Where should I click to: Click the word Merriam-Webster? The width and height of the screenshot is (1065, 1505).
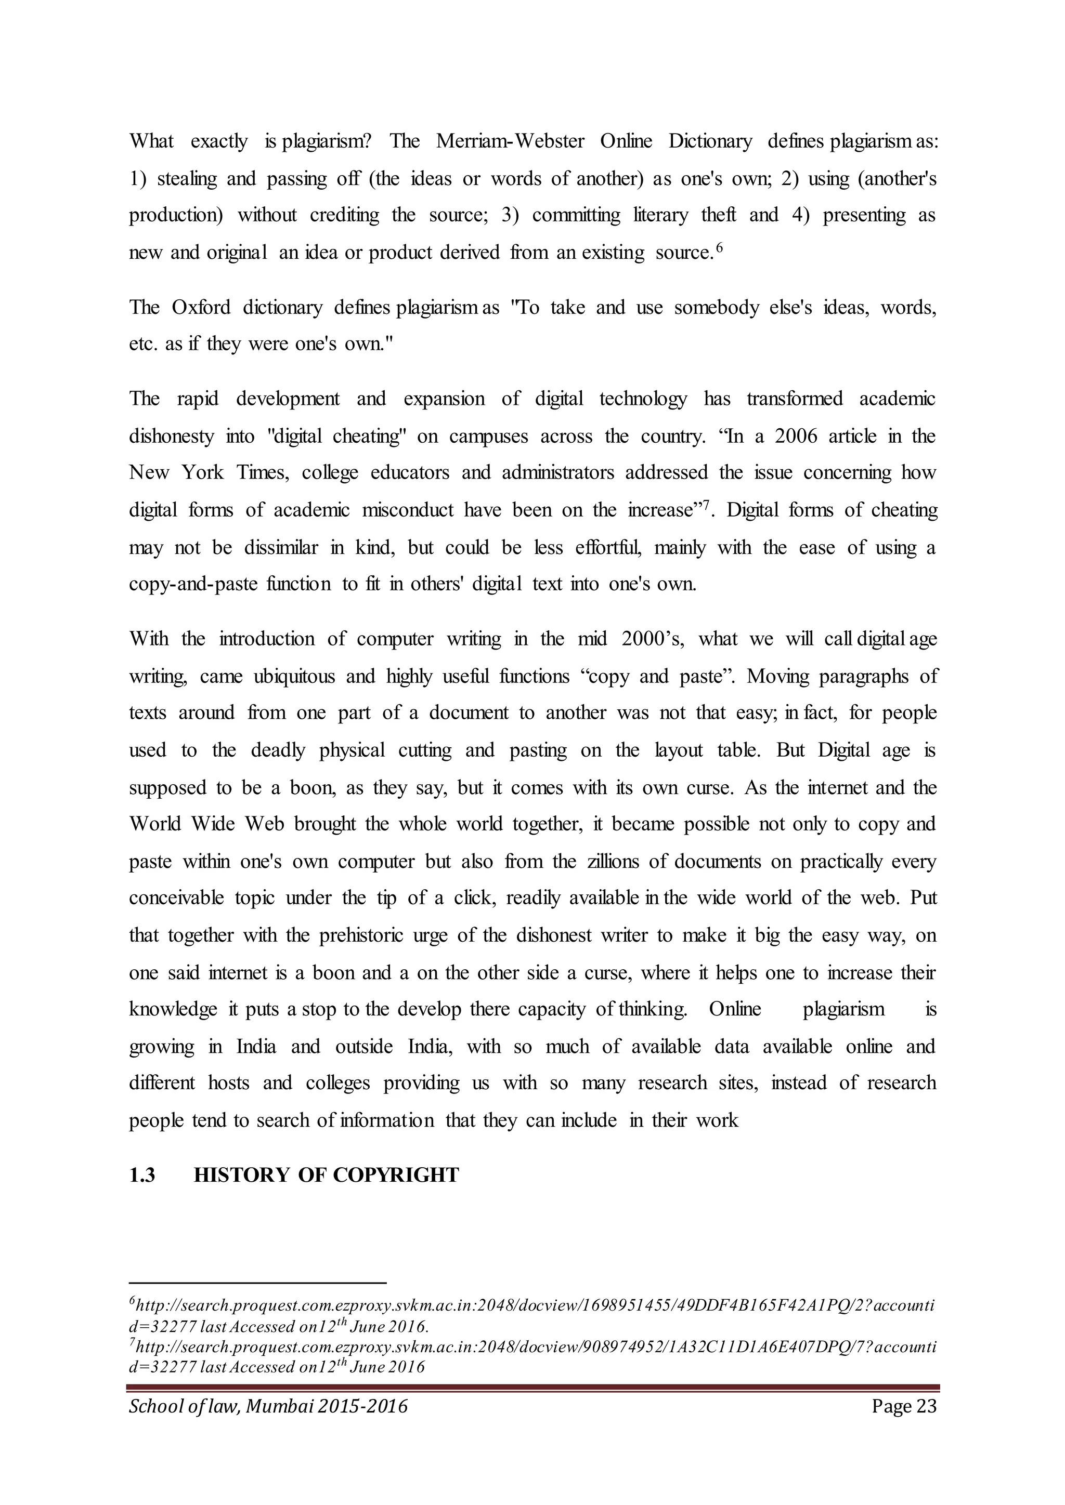pos(510,141)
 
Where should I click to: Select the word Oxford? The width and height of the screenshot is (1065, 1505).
pos(201,308)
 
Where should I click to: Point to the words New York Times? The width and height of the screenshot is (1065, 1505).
pos(209,472)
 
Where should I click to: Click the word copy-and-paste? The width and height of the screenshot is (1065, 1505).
pos(193,584)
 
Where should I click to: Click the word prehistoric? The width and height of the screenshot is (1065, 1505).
pos(371,935)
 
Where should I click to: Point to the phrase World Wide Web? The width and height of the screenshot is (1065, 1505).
pos(206,824)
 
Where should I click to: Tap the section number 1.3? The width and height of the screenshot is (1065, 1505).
pos(142,1176)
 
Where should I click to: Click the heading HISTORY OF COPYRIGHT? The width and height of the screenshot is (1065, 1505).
pos(327,1176)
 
